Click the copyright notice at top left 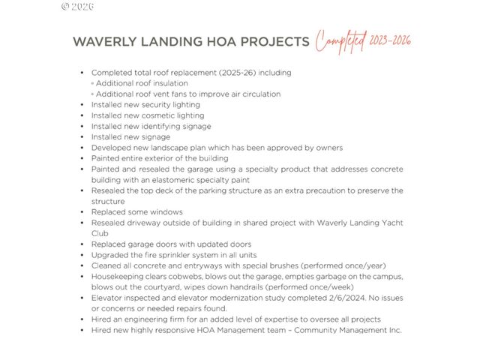(77, 6)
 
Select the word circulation (256, 94)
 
